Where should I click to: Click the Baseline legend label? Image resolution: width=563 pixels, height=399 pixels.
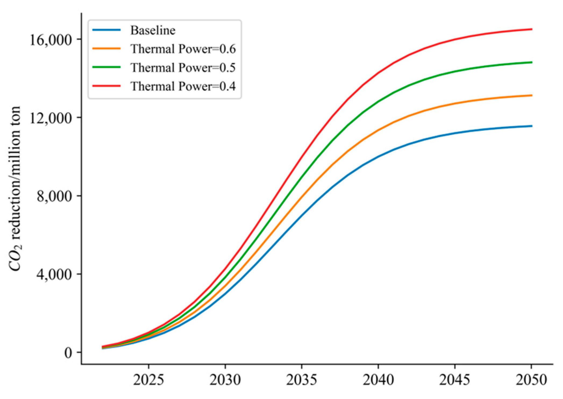153,31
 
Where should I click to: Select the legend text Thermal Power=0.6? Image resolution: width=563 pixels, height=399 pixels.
183,49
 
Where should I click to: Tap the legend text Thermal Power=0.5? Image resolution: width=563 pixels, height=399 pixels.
183,68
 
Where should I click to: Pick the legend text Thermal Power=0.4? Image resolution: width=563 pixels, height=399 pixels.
183,86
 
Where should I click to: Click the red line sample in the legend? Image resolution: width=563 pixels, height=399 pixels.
106,86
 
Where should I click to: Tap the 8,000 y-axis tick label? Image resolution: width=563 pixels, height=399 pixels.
55,196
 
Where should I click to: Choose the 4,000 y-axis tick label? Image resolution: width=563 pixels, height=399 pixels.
55,274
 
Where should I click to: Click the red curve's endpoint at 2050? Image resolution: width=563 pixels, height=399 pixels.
531,29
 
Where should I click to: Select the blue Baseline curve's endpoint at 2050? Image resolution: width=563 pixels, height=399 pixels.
531,126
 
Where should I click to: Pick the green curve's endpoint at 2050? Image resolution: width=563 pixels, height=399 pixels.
531,62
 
